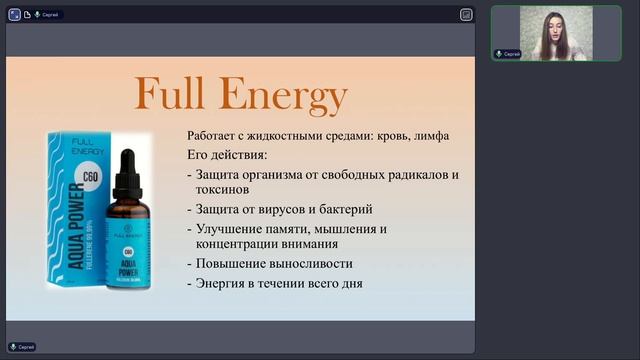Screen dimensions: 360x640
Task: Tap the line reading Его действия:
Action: (x=226, y=155)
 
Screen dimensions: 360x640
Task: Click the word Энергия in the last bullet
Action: (x=222, y=283)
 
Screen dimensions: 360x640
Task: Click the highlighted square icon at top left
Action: (x=14, y=14)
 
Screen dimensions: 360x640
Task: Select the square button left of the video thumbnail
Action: (x=467, y=14)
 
